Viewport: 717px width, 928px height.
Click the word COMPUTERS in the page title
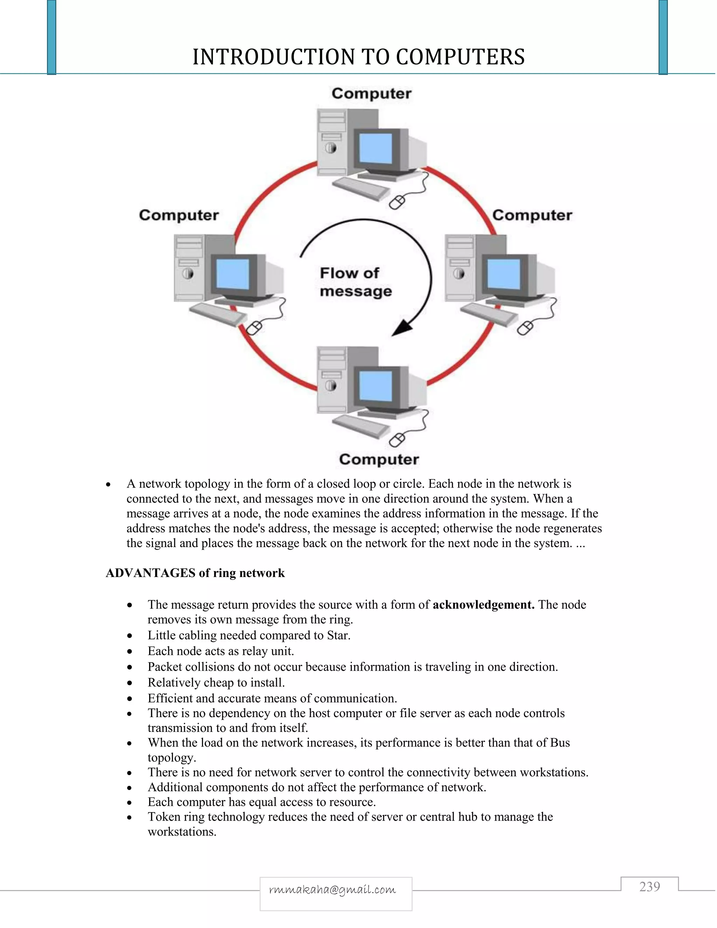[x=460, y=57]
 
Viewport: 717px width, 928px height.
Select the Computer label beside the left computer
[x=179, y=215]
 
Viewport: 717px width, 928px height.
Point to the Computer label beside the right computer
[x=532, y=215]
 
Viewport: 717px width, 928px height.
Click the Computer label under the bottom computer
[x=379, y=459]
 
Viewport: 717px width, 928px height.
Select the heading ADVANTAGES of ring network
[x=195, y=573]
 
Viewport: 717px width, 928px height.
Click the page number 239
[x=649, y=887]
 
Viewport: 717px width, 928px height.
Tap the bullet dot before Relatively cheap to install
[x=130, y=683]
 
